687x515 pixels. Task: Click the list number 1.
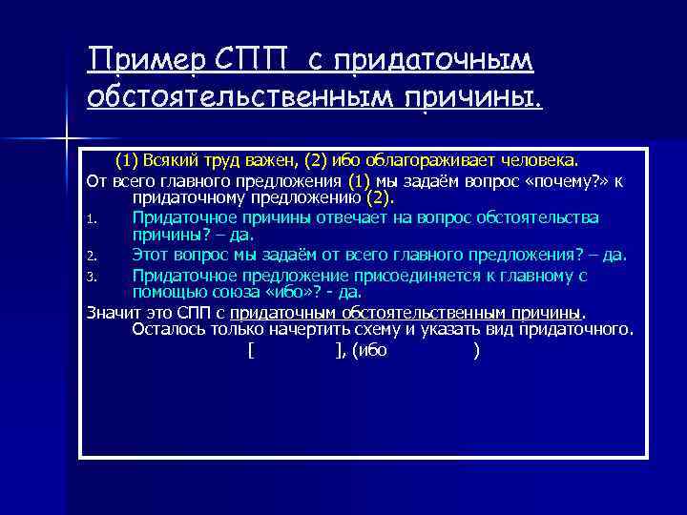pos(94,218)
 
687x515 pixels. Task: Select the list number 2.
pos(94,256)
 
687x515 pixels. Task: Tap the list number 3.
pos(94,277)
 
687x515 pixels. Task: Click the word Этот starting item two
pos(151,255)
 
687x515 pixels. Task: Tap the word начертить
pos(318,330)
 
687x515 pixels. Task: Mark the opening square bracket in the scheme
pos(250,351)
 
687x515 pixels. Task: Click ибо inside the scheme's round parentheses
pos(372,351)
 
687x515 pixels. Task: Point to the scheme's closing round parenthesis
pos(476,351)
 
